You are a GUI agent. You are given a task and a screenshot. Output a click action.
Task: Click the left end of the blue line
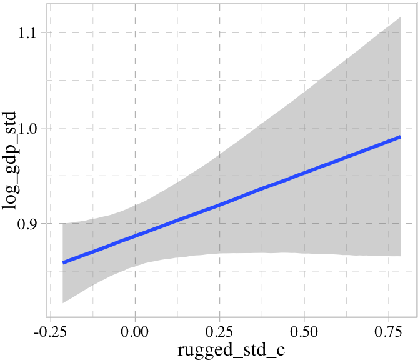63,262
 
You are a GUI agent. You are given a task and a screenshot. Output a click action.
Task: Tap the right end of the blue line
400,136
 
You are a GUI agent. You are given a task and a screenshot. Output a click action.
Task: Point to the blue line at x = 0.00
135,234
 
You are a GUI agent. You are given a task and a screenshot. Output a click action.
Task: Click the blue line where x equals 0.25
219,205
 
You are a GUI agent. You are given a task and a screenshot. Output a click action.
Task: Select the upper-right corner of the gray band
400,17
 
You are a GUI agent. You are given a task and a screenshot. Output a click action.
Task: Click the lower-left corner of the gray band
63,303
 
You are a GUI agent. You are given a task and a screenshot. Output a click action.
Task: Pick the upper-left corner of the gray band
63,223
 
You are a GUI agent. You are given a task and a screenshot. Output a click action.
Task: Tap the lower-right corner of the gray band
400,256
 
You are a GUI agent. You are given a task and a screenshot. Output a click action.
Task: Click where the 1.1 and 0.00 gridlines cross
135,32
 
